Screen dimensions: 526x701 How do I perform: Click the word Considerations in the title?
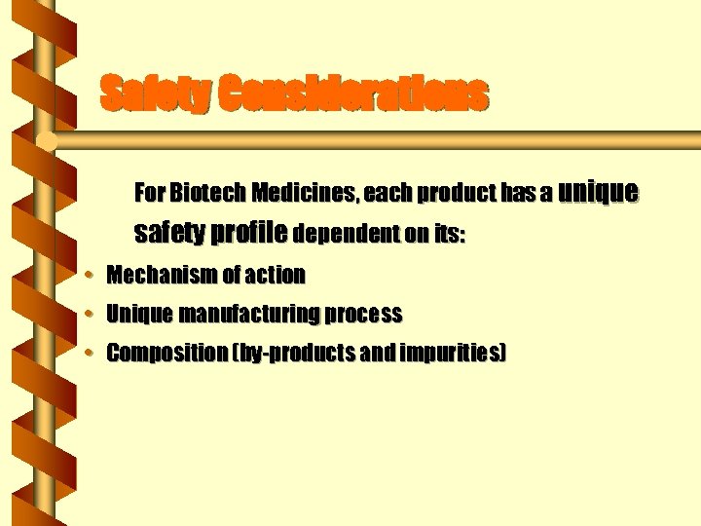pyautogui.click(x=352, y=94)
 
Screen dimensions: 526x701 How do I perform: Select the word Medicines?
pyautogui.click(x=303, y=193)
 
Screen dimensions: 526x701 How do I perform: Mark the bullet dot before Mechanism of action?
pyautogui.click(x=89, y=276)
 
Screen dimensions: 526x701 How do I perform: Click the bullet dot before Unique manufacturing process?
pyautogui.click(x=89, y=315)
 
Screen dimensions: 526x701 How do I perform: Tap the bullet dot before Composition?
pyautogui.click(x=89, y=354)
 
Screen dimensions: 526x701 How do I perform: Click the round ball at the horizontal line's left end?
pyautogui.click(x=45, y=142)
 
